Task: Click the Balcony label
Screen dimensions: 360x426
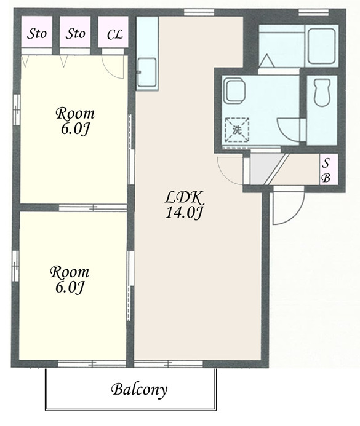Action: coord(139,390)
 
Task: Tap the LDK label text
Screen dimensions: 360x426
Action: coord(184,198)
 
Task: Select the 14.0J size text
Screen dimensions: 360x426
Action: coord(184,213)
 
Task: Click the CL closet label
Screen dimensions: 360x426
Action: coord(114,34)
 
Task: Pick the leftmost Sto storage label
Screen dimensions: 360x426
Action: coord(37,34)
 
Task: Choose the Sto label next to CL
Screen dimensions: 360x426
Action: coord(75,34)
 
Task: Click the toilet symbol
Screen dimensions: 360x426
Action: coord(322,92)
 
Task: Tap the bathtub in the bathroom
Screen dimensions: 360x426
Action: coord(321,46)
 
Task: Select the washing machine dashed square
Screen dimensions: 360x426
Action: coord(237,130)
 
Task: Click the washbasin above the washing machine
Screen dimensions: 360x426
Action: coord(234,90)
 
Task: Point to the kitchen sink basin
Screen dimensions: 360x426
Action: coord(147,72)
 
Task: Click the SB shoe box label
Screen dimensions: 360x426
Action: coord(326,170)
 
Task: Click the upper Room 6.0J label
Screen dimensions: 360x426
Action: coord(75,121)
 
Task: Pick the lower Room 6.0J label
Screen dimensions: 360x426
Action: coord(70,280)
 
